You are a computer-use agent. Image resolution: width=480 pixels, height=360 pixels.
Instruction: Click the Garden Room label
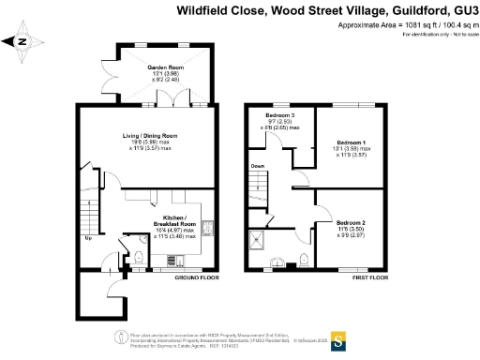pyautogui.click(x=164, y=66)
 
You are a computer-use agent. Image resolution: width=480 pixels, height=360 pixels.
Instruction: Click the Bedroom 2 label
pyautogui.click(x=352, y=222)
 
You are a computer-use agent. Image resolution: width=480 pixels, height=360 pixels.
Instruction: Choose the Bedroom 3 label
pyautogui.click(x=279, y=115)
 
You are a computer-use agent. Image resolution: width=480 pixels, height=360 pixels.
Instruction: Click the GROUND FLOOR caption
pyautogui.click(x=197, y=277)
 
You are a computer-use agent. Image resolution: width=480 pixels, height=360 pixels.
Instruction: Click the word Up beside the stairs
pyautogui.click(x=88, y=237)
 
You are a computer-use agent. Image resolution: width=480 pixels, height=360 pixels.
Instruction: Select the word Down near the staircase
pyautogui.click(x=257, y=166)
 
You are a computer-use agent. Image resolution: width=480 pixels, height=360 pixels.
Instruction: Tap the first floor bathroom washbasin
pyautogui.click(x=277, y=262)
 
